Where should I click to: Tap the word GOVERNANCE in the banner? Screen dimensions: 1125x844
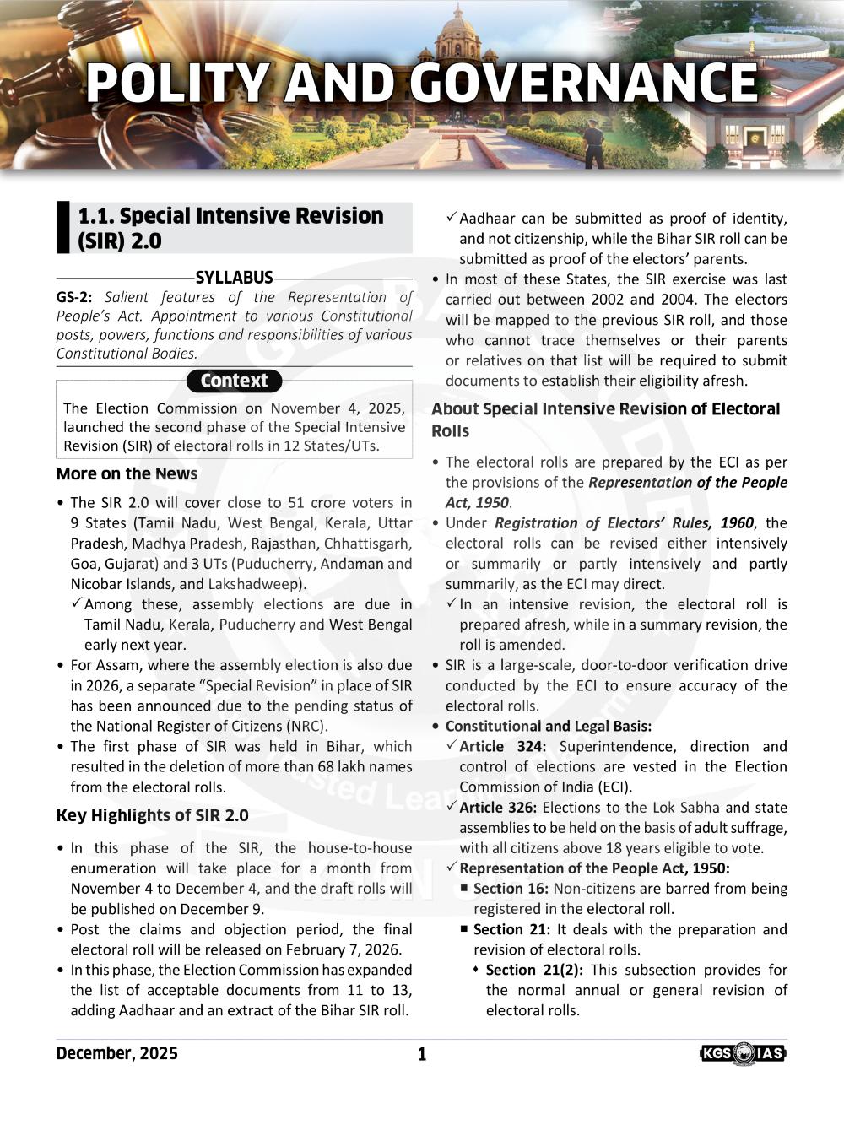[583, 84]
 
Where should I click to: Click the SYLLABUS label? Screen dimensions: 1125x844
[234, 278]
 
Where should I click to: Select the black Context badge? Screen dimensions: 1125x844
[234, 381]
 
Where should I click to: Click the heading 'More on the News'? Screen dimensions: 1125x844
[127, 473]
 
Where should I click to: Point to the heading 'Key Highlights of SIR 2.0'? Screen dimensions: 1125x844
[152, 815]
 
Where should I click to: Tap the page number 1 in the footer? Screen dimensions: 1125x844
[422, 1054]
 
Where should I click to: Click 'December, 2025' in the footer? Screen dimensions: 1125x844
[117, 1053]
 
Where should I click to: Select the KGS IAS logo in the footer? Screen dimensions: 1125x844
[743, 1053]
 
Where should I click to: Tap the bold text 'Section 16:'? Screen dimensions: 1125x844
[511, 889]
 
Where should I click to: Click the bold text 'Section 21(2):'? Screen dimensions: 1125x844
[534, 970]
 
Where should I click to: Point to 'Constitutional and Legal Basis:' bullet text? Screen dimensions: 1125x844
[549, 727]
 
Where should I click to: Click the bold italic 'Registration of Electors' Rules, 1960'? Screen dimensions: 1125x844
[624, 523]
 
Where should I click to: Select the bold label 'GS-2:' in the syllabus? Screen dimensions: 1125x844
[74, 298]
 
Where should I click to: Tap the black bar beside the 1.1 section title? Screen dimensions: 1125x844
[62, 228]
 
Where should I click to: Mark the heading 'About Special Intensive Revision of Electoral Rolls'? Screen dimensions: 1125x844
[605, 419]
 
